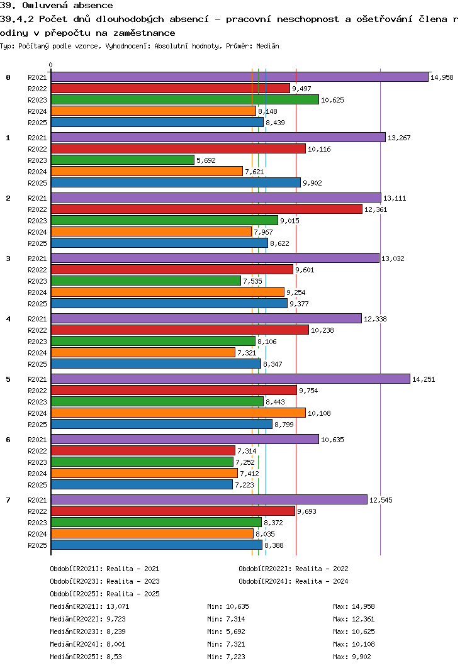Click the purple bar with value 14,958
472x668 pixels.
tap(240, 77)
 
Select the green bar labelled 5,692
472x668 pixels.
tap(123, 160)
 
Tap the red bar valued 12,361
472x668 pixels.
tap(207, 209)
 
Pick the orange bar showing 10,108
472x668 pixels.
tap(178, 413)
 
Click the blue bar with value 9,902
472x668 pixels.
tap(176, 183)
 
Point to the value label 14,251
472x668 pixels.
tap(424, 379)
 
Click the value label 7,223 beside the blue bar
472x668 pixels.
tap(244, 485)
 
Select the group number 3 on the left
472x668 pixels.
tap(8, 259)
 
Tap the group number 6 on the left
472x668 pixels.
tap(8, 440)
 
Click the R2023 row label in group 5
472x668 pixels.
tap(37, 402)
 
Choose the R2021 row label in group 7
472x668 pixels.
tap(37, 499)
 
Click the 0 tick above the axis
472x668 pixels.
tap(51, 65)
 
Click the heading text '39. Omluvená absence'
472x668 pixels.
tap(57, 6)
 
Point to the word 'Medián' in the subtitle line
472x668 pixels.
tap(267, 46)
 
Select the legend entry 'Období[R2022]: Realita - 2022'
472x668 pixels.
tap(293, 569)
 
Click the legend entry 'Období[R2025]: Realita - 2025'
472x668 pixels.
tap(105, 594)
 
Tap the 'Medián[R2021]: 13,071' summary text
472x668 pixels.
tap(89, 606)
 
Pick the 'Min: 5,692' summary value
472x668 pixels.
tap(226, 632)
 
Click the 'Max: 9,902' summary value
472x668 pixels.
tap(352, 657)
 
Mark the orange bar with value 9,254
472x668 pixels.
tap(167, 292)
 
